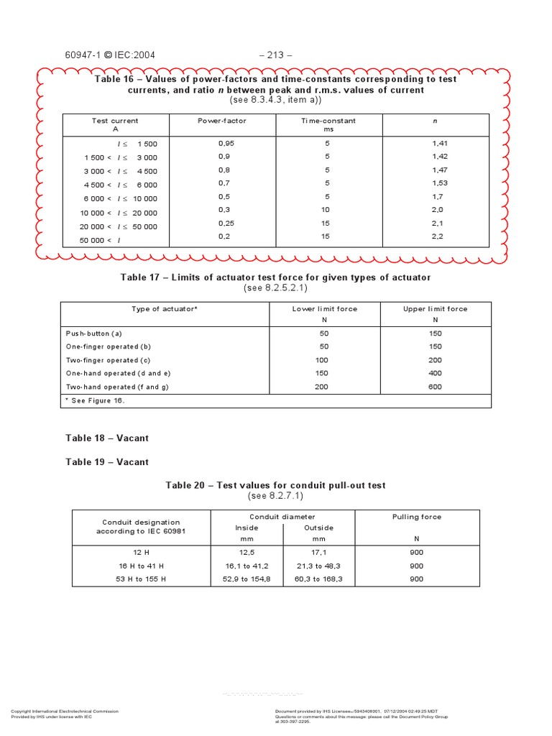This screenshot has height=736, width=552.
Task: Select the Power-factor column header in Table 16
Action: pyautogui.click(x=222, y=121)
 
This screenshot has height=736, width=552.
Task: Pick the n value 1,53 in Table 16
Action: pyautogui.click(x=440, y=183)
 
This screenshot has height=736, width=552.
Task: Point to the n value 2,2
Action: pyautogui.click(x=438, y=236)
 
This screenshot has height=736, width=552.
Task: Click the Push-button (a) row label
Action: pyautogui.click(x=94, y=333)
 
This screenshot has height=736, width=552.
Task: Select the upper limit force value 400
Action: pyautogui.click(x=435, y=373)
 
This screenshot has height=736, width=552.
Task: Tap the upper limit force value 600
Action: pyautogui.click(x=435, y=387)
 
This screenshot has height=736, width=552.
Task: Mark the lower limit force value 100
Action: pyautogui.click(x=321, y=360)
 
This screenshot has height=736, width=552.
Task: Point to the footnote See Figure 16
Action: pyautogui.click(x=96, y=401)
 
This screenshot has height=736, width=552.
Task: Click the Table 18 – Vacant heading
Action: pyautogui.click(x=107, y=438)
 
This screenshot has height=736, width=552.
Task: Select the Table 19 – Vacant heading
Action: pyautogui.click(x=107, y=462)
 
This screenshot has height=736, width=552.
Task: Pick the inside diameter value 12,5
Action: pyautogui.click(x=247, y=552)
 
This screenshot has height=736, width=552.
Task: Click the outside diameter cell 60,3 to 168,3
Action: pyautogui.click(x=319, y=579)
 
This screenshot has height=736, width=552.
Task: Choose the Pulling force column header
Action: pyautogui.click(x=417, y=517)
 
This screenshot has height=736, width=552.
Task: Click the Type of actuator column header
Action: pyautogui.click(x=165, y=309)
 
